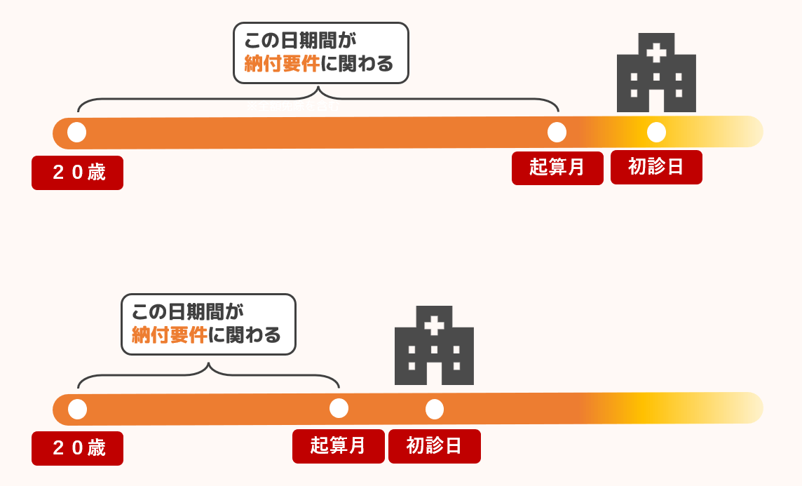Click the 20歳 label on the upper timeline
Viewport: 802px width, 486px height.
(77, 173)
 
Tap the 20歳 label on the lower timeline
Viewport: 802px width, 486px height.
(77, 448)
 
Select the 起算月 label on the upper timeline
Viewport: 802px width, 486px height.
(557, 168)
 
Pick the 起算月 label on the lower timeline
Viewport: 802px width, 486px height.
(338, 446)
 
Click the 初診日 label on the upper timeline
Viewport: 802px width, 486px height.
(656, 167)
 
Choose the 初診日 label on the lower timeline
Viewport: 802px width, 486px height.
(435, 446)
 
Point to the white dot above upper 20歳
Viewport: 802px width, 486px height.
(77, 132)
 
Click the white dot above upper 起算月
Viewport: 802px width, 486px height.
(557, 132)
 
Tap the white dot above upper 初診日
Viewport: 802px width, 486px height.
(656, 132)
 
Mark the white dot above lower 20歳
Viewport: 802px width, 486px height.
(77, 409)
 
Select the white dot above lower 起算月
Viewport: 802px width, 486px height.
(339, 408)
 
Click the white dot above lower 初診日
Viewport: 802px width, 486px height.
(435, 409)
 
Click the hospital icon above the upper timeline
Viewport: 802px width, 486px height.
(656, 74)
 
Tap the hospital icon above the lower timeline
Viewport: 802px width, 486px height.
(434, 346)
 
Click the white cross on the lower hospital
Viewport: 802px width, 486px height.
(434, 325)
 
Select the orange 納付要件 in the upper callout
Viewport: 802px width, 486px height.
(282, 64)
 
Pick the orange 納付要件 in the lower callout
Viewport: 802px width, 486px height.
(170, 335)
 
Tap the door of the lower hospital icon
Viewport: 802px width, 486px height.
(434, 373)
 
